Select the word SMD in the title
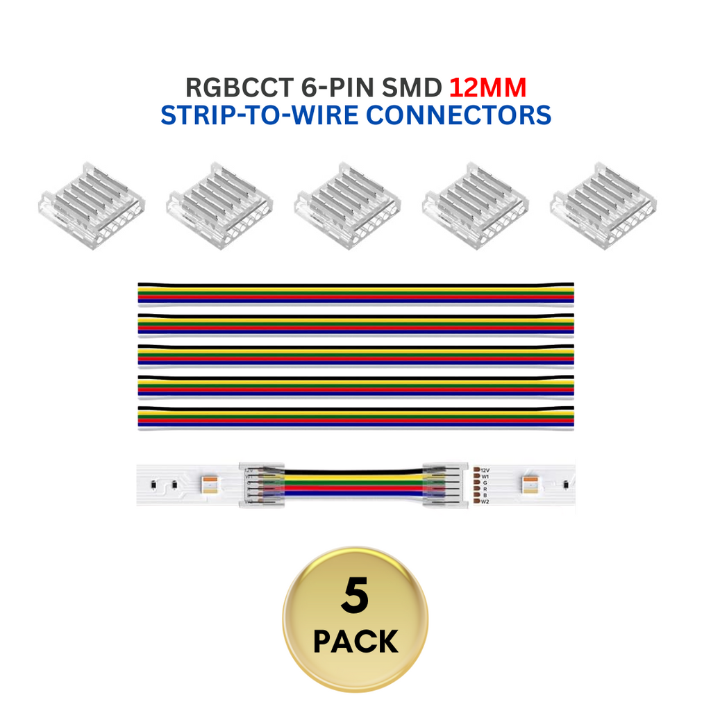(412, 87)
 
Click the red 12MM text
(487, 87)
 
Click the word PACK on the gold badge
(355, 642)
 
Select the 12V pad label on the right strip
(485, 470)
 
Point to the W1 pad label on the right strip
(485, 477)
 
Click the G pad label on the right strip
(484, 483)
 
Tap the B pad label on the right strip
(484, 496)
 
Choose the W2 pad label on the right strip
(485, 501)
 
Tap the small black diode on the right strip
(567, 484)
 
